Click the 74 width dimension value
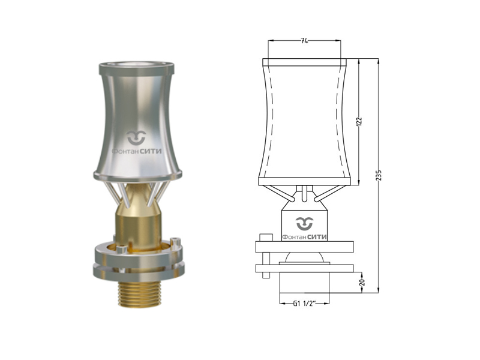click(304, 41)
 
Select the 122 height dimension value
click(359, 121)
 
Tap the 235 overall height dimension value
click(379, 175)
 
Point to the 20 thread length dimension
click(362, 282)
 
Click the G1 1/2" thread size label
click(304, 304)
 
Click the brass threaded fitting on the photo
click(140, 294)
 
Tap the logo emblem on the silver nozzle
click(137, 137)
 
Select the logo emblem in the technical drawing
click(305, 223)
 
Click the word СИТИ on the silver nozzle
click(151, 151)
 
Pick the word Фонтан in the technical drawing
click(294, 237)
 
